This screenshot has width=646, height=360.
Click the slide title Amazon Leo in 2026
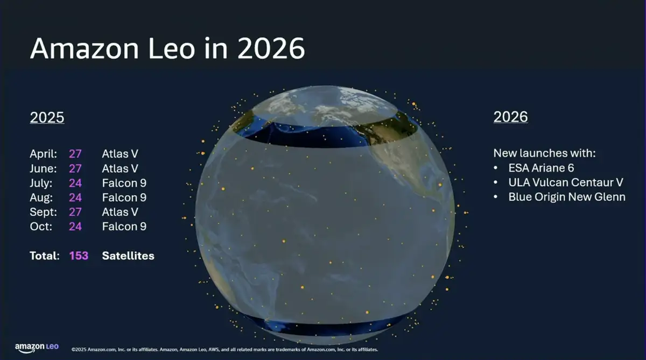click(x=167, y=48)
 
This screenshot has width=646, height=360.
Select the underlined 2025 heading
click(x=47, y=117)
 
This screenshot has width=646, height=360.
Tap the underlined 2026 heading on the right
click(x=510, y=117)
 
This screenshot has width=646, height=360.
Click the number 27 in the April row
click(x=75, y=154)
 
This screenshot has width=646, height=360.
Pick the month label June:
click(x=43, y=168)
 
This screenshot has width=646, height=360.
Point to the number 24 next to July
click(x=75, y=183)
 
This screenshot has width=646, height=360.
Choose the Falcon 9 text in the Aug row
click(x=124, y=197)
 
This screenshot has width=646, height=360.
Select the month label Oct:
click(x=41, y=227)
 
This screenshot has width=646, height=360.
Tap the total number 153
click(x=79, y=256)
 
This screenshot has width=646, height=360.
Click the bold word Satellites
click(x=128, y=256)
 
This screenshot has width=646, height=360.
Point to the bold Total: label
click(x=44, y=256)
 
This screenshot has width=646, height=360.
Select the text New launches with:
click(x=544, y=153)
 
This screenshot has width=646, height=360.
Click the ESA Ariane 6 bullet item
click(x=541, y=168)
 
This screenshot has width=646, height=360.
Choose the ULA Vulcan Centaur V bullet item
click(x=562, y=182)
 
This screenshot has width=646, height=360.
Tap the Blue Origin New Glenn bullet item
click(x=567, y=197)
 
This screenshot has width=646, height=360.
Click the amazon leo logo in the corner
click(x=37, y=348)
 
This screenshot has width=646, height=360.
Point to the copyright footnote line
click(x=225, y=349)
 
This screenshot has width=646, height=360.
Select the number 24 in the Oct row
click(x=75, y=227)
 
